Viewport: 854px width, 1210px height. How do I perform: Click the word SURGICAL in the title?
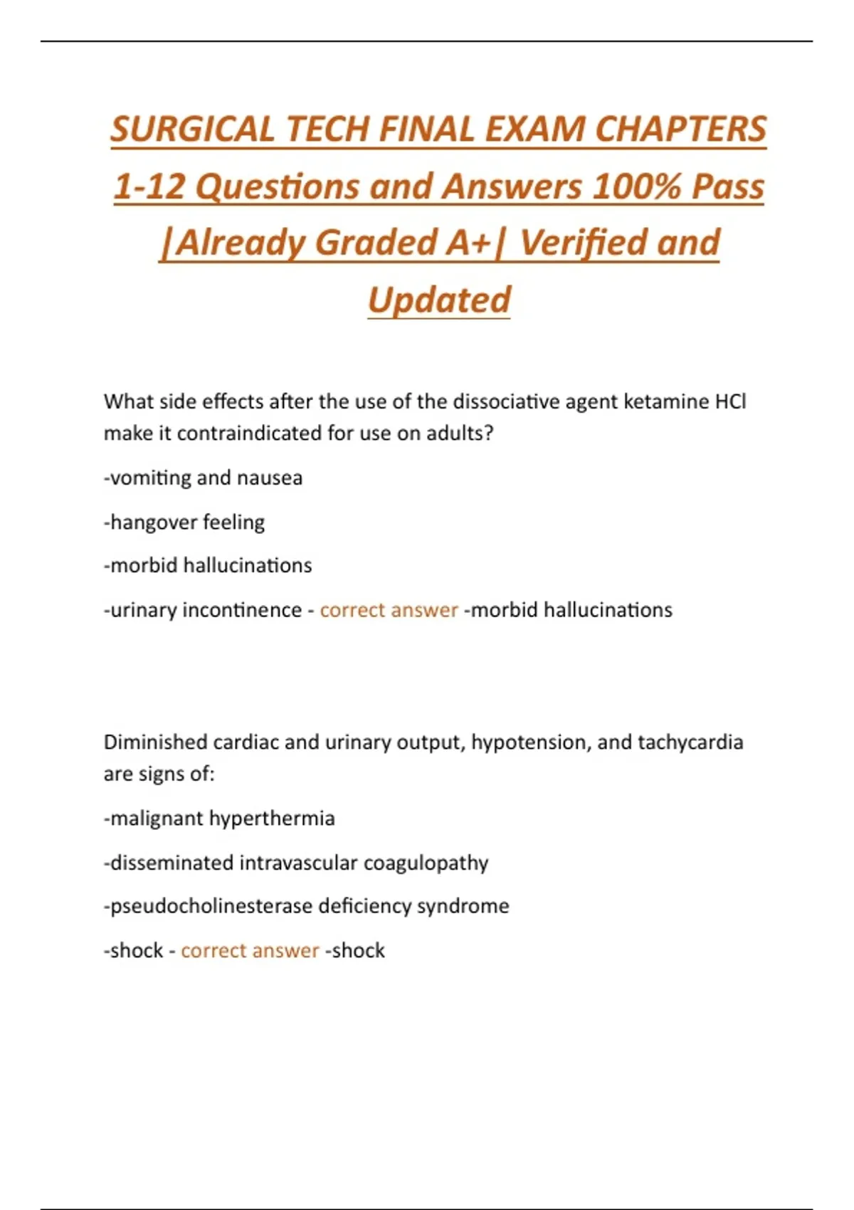pyautogui.click(x=190, y=130)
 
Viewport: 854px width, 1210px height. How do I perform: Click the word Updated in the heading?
pyautogui.click(x=439, y=300)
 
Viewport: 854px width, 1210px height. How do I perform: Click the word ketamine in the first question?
pyautogui.click(x=663, y=402)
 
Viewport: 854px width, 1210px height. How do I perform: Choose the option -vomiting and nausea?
pyautogui.click(x=203, y=478)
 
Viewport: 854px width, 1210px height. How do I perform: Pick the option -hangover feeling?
pyautogui.click(x=184, y=522)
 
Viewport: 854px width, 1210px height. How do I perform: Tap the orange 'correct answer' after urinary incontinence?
pyautogui.click(x=389, y=610)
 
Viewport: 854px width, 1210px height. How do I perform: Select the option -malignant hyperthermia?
pyautogui.click(x=219, y=819)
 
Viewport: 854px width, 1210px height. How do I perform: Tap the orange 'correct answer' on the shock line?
pyautogui.click(x=250, y=950)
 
